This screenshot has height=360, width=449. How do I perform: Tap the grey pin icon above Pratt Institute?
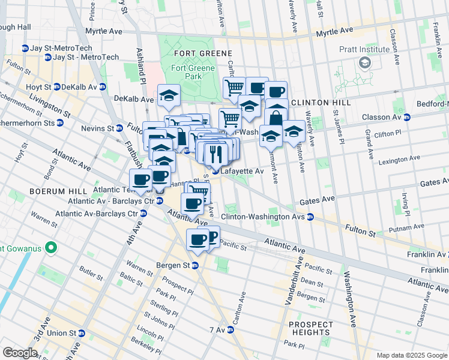(364, 62)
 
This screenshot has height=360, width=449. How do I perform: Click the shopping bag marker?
(276, 116)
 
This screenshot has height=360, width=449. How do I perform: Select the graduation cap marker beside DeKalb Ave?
(169, 95)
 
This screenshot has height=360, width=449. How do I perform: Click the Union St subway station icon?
(81, 333)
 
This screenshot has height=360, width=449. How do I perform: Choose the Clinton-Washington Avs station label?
(262, 217)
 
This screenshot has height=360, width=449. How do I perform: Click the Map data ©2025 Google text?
(411, 355)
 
